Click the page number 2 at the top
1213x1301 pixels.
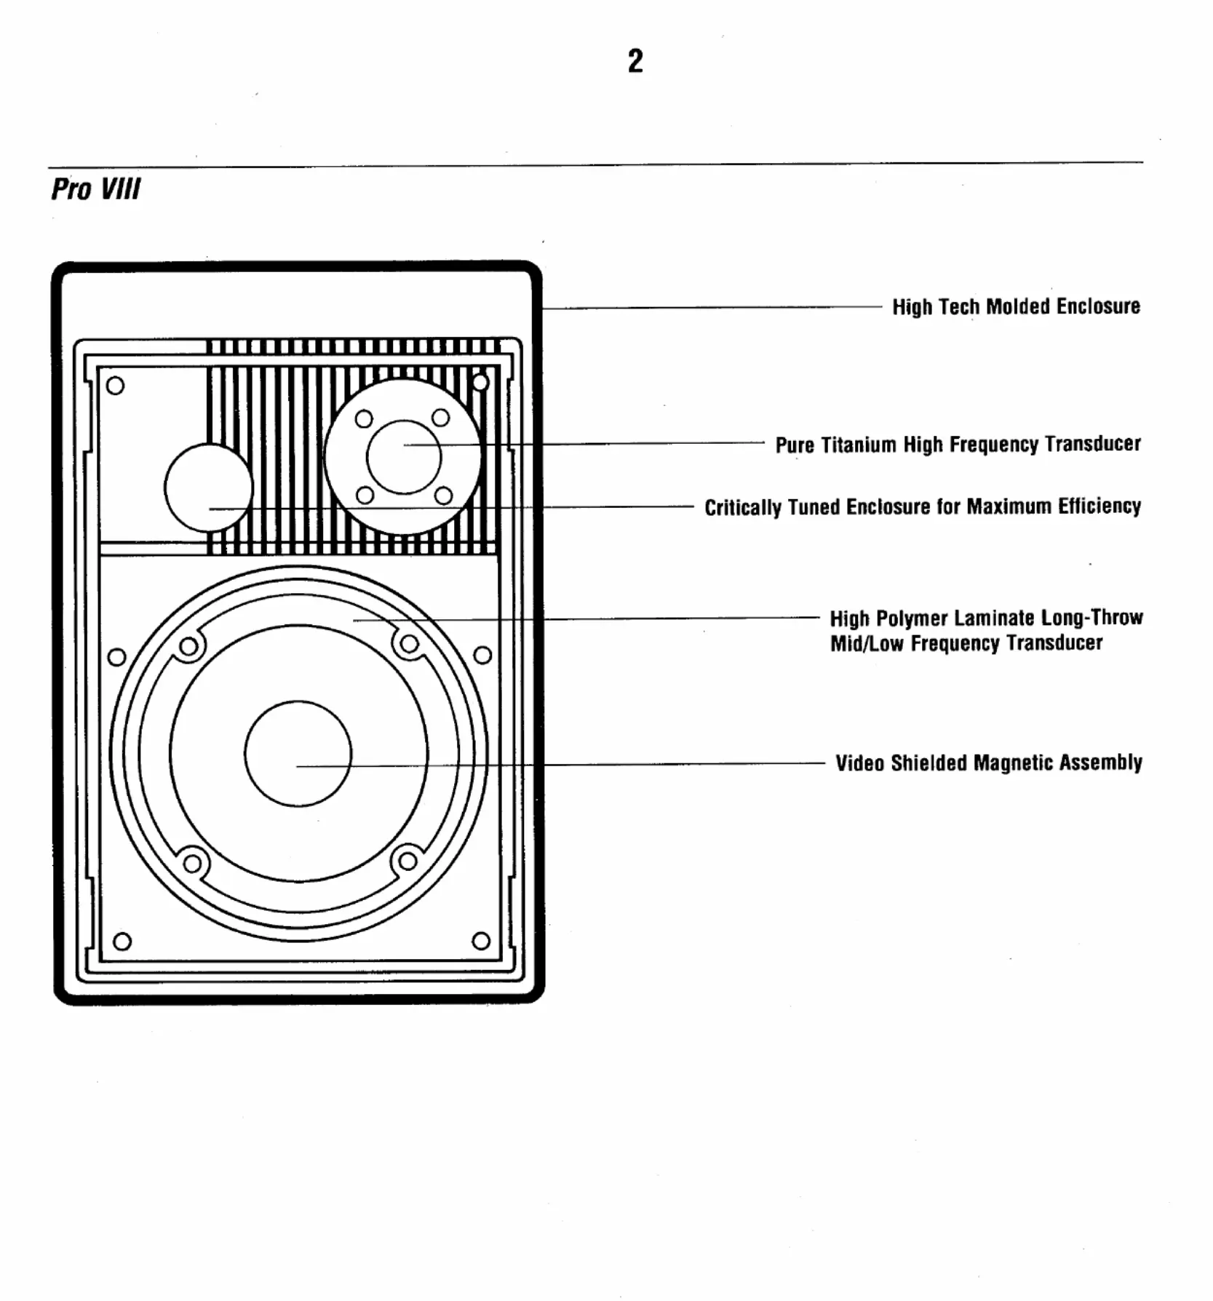pyautogui.click(x=635, y=61)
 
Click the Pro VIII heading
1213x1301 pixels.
pyautogui.click(x=95, y=189)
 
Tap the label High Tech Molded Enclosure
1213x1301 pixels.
pyautogui.click(x=1016, y=307)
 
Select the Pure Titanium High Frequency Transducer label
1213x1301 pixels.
pyautogui.click(x=958, y=445)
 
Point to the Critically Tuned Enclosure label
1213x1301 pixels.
pyautogui.click(x=922, y=507)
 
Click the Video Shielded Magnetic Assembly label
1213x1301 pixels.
pyautogui.click(x=988, y=763)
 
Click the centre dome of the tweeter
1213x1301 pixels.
pyautogui.click(x=404, y=457)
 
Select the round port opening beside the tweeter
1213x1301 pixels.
pyautogui.click(x=209, y=488)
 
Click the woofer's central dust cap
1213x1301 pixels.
pyautogui.click(x=298, y=753)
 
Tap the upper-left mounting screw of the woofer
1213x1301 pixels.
pyautogui.click(x=188, y=646)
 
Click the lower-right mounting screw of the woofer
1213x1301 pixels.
pyautogui.click(x=407, y=862)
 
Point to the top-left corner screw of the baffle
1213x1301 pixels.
pyautogui.click(x=115, y=386)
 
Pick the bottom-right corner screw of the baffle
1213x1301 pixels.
pyautogui.click(x=481, y=941)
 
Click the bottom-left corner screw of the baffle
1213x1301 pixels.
pyautogui.click(x=122, y=942)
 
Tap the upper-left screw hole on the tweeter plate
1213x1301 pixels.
pyautogui.click(x=364, y=419)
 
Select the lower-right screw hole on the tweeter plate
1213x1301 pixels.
pyautogui.click(x=443, y=496)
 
